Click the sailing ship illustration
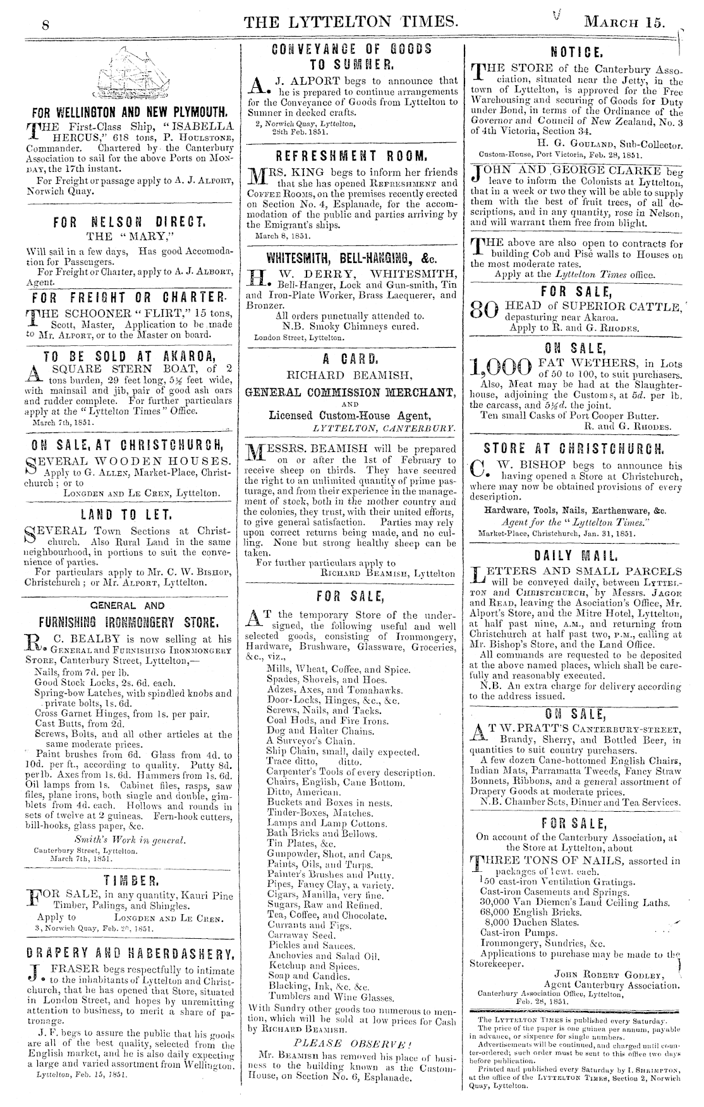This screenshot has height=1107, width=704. [x=129, y=74]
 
